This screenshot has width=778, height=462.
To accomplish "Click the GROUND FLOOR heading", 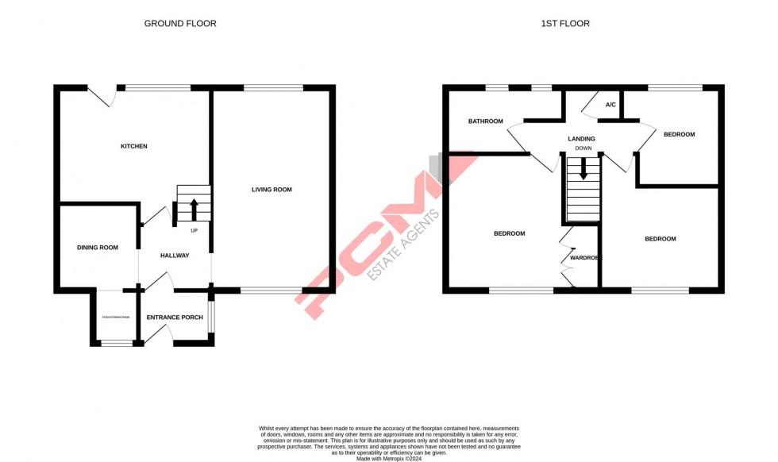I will click(180, 24).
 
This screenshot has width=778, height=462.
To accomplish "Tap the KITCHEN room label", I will click(133, 146).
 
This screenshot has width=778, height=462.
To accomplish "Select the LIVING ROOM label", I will click(272, 190).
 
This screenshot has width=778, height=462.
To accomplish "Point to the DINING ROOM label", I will click(97, 248).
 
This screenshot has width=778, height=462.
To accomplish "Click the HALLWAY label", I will click(175, 256).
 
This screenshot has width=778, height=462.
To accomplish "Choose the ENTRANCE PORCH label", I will click(175, 318).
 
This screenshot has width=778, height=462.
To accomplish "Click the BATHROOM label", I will click(485, 121).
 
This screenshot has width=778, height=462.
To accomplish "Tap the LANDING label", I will click(581, 139).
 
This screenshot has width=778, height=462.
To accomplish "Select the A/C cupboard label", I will click(610, 105).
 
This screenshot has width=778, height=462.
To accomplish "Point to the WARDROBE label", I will click(586, 258).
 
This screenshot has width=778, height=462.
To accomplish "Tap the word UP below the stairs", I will click(194, 231).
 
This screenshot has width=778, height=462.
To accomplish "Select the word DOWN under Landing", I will click(583, 148).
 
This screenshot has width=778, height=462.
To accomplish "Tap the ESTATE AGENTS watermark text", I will click(403, 245).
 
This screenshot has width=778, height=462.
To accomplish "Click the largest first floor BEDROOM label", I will click(509, 233).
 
